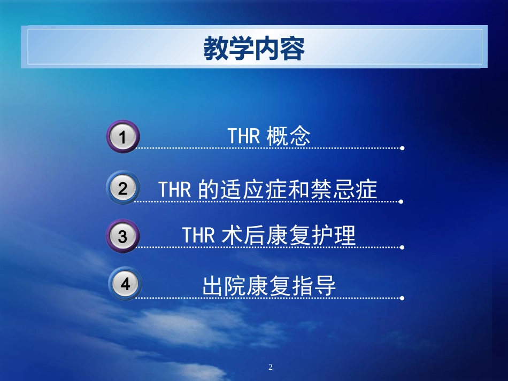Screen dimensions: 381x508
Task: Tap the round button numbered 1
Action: [122, 137]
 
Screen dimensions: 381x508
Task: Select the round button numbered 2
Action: [122, 189]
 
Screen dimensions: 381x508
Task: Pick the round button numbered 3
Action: [122, 236]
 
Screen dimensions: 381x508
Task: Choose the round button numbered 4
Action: [125, 284]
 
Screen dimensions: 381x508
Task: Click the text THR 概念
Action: [269, 137]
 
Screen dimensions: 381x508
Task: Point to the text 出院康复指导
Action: [269, 286]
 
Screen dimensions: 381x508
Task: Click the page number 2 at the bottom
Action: [270, 367]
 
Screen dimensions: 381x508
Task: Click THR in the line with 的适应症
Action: [174, 190]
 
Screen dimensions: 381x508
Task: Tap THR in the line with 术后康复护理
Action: [198, 236]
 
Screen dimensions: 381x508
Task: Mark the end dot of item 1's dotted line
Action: [402, 148]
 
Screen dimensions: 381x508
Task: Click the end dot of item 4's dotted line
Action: [402, 298]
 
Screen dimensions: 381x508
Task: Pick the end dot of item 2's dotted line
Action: [402, 202]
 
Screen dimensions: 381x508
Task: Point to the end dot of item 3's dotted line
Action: [402, 248]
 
